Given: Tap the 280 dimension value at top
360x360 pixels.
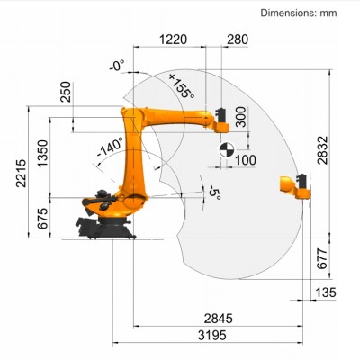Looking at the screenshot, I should point(238,40).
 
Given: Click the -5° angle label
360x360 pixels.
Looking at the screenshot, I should point(213,194).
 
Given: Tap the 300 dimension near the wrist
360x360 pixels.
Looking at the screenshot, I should point(239,116).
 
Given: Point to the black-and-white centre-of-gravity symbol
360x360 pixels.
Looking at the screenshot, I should point(226,145).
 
